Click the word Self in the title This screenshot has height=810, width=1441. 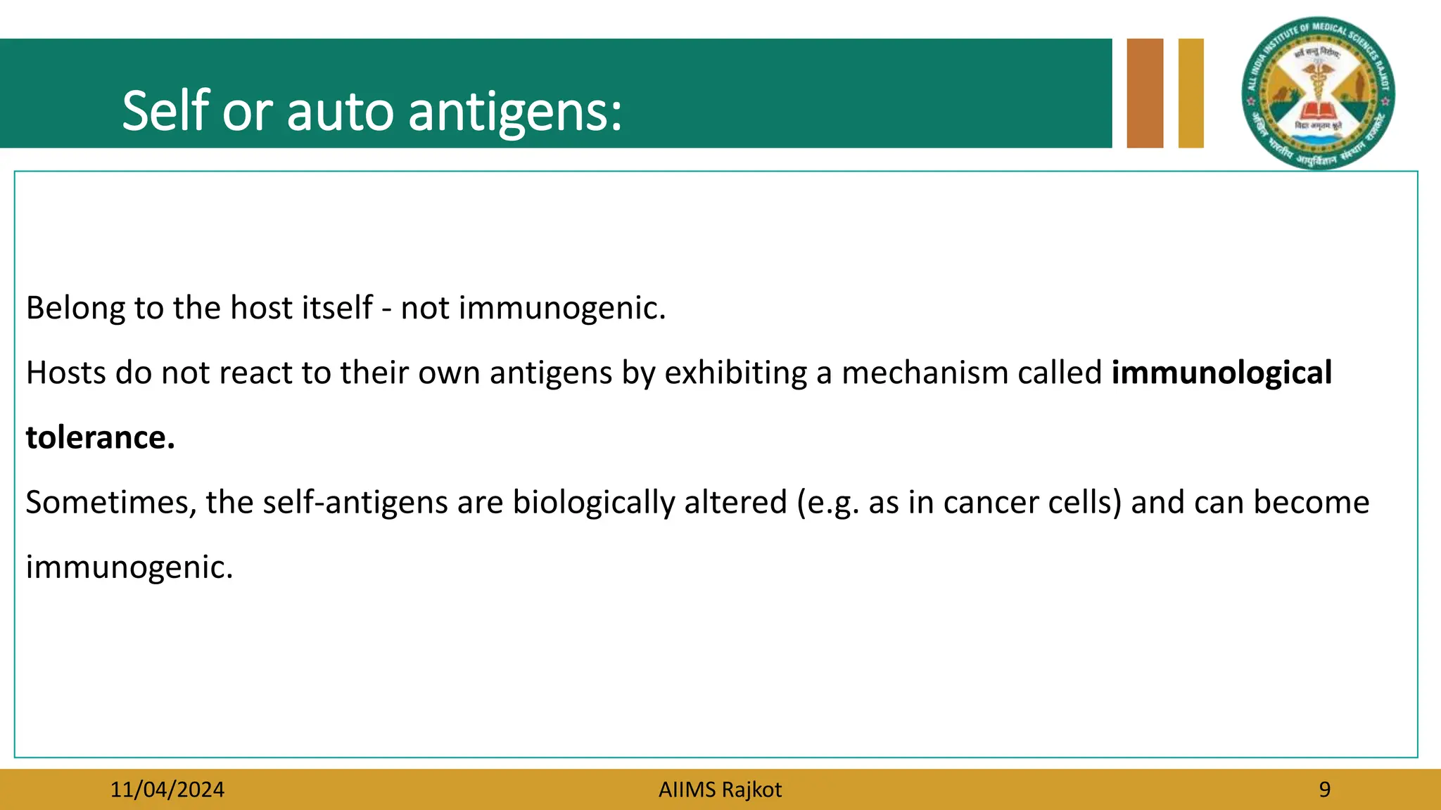pos(166,110)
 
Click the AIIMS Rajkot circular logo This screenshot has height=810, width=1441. pos(1318,94)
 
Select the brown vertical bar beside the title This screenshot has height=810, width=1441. pos(1145,94)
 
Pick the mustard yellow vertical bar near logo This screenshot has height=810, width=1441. pos(1191,94)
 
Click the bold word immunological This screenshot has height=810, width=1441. pos(1221,373)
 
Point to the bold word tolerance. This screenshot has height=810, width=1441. pos(100,437)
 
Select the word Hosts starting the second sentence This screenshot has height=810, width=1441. pos(65,373)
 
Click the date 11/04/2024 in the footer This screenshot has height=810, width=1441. pos(167,790)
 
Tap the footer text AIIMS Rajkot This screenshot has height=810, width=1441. pos(720,790)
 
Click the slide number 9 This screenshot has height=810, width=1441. pos(1324,790)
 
